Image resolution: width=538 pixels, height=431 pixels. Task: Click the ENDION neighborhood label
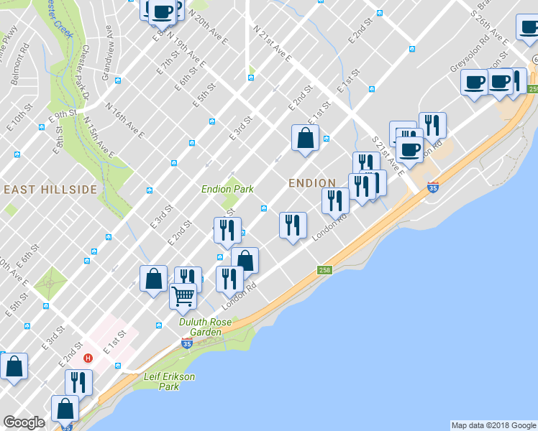point(312,183)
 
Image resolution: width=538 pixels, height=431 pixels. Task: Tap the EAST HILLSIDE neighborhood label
point(50,189)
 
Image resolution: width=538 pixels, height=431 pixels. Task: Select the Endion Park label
point(227,189)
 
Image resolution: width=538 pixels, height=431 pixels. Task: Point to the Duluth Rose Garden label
point(205,328)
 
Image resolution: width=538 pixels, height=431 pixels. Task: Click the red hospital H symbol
point(88,358)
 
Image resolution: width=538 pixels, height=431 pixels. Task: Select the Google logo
point(24,422)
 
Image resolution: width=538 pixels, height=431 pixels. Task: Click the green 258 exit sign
point(324,269)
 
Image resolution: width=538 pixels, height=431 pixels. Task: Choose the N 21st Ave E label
point(273,45)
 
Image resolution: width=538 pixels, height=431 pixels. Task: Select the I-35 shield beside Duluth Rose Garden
point(187,345)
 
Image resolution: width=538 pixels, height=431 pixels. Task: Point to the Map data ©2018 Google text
point(493,425)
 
